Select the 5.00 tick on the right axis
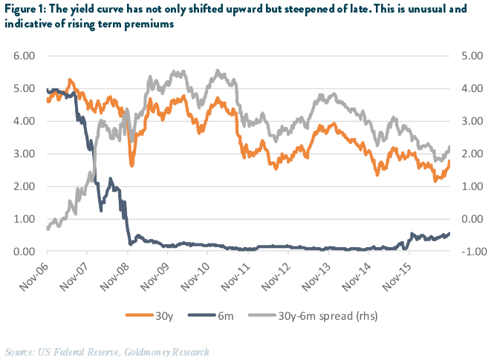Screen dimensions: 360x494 coord(468,56)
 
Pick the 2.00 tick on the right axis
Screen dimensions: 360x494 coord(468,154)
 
